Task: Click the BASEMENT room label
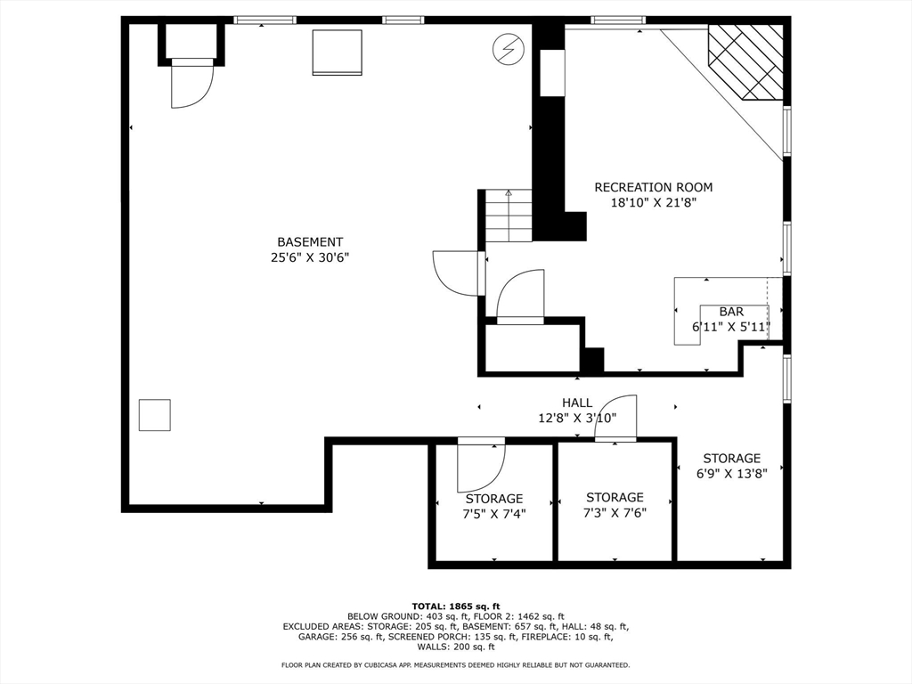coord(310,242)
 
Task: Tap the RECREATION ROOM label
coord(653,187)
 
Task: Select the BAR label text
coord(731,312)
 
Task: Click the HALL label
coord(577,403)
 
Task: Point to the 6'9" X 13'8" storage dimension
coord(732,474)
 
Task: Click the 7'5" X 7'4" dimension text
coord(493,514)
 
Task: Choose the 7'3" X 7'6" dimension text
coord(615,513)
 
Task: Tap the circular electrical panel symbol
coord(509,50)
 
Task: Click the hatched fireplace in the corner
coord(745,62)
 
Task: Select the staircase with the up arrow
coord(509,216)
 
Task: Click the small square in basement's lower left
coord(155,415)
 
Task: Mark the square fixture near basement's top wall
coord(338,53)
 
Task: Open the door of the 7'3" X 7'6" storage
coord(615,419)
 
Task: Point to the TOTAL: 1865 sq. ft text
coord(455,606)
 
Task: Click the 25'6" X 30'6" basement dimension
coord(310,257)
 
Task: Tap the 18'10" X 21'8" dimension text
coord(653,203)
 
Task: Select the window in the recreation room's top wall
coord(617,20)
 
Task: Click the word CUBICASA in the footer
coord(396,664)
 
